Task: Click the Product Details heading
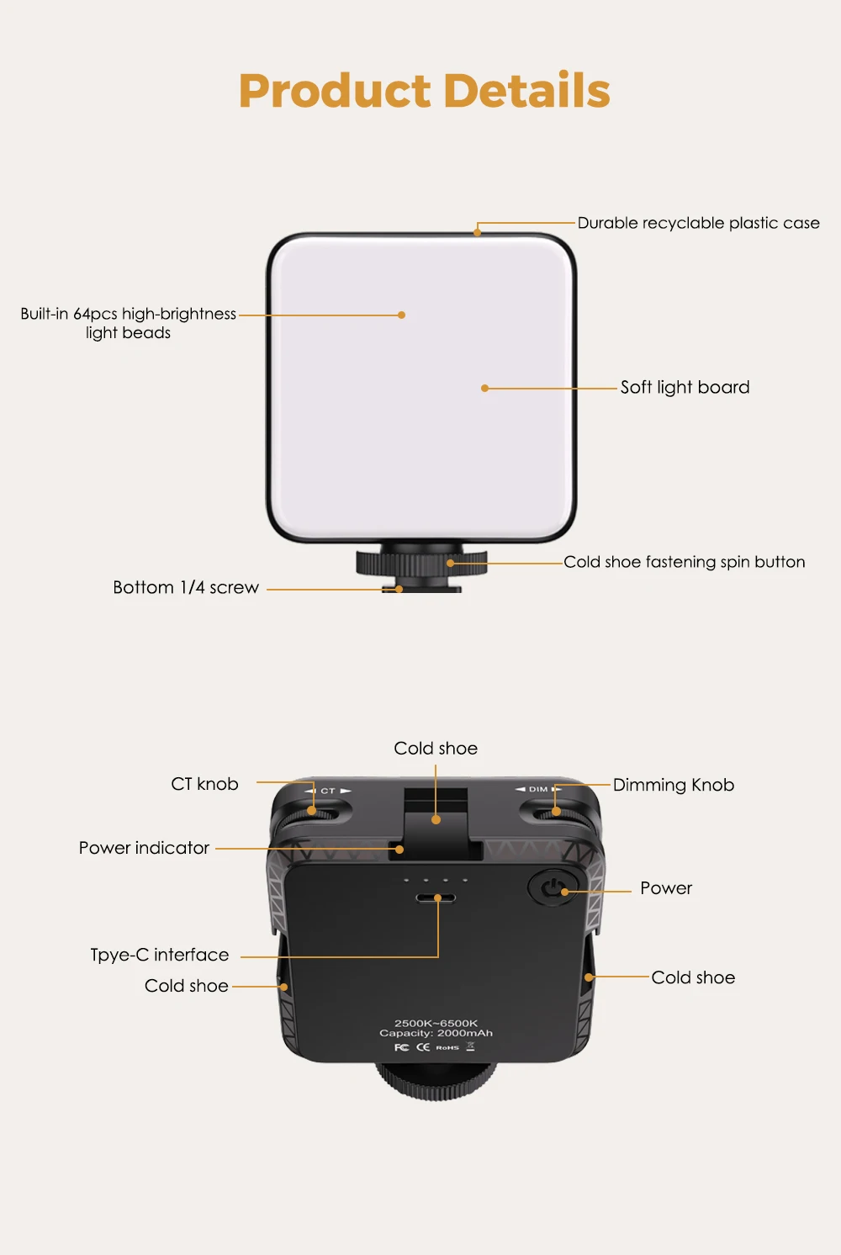(424, 91)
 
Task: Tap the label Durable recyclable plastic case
(698, 223)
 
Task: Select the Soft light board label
(685, 387)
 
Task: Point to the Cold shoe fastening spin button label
(684, 562)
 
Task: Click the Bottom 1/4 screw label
(186, 587)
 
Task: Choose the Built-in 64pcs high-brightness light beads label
(129, 323)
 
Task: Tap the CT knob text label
(204, 784)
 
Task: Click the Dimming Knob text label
(673, 785)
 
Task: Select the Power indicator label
(144, 848)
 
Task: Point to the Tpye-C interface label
(160, 955)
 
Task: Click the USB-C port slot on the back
(436, 898)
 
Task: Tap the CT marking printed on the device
(328, 791)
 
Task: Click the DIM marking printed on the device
(537, 789)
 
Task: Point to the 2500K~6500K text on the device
(436, 1023)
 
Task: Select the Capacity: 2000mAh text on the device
(436, 1033)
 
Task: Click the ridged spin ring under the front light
(420, 564)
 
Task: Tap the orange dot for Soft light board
(484, 388)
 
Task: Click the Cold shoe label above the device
(436, 749)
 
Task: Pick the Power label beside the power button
(666, 888)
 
